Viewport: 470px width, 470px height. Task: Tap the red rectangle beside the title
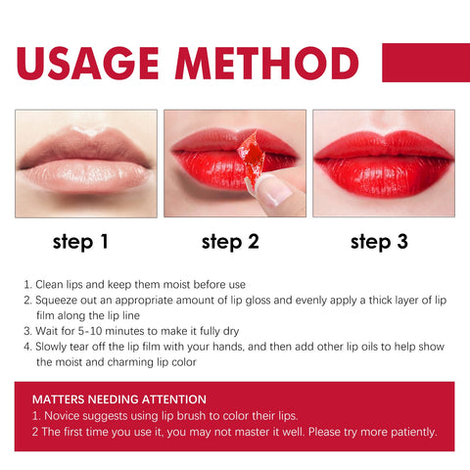(x=417, y=63)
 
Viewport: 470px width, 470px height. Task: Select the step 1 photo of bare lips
(x=86, y=163)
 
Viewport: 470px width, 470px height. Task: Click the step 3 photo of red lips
(x=384, y=163)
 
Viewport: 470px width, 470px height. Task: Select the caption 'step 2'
(x=230, y=242)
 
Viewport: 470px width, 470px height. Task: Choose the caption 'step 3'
(x=379, y=242)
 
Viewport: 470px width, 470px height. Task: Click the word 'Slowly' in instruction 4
(x=54, y=346)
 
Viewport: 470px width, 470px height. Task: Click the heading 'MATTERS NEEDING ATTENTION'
(x=118, y=399)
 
